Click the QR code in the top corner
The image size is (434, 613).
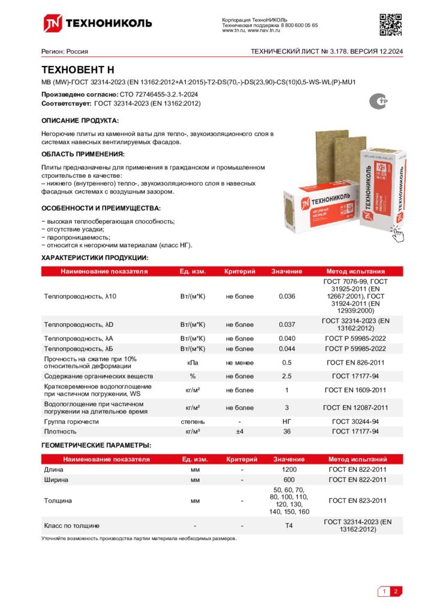(x=390, y=24)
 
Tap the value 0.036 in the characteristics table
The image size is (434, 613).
(x=287, y=296)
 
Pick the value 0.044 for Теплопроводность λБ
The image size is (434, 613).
(x=287, y=348)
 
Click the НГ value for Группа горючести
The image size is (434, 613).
(x=287, y=421)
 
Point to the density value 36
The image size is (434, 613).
(x=287, y=431)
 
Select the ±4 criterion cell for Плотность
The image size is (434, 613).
(x=239, y=431)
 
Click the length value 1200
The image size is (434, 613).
(x=289, y=469)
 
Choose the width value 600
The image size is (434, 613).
(x=289, y=480)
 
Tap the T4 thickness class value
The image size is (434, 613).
(x=289, y=526)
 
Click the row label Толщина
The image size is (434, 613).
(x=58, y=500)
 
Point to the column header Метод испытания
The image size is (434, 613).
(x=355, y=271)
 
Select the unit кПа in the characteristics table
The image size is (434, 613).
(x=192, y=362)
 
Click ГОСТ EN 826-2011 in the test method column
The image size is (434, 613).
(x=355, y=362)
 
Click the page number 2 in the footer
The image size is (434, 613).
(x=396, y=592)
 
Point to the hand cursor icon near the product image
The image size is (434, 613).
(x=397, y=233)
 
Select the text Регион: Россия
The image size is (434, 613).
(x=64, y=51)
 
